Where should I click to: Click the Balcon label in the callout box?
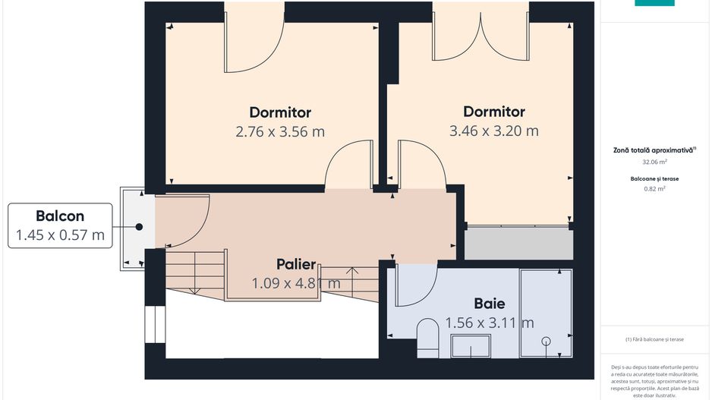[x=60, y=216]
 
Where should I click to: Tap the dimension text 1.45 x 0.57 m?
[x=60, y=235]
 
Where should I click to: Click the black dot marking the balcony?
[x=139, y=226]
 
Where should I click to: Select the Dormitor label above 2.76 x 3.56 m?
[x=280, y=112]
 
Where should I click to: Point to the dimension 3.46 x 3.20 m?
[x=494, y=131]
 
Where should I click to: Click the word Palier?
[x=296, y=264]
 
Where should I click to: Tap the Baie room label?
[x=490, y=304]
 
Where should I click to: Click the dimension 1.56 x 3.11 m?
[x=490, y=323]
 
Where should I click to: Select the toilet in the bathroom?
[x=427, y=338]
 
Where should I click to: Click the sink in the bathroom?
[x=471, y=346]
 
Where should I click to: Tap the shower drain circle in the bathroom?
[x=547, y=341]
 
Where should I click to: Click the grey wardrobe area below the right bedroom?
[x=518, y=243]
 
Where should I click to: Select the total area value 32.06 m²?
[x=654, y=162]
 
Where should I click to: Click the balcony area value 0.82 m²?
[x=654, y=189]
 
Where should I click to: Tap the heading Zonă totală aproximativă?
[x=654, y=150]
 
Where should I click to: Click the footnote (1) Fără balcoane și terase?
[x=654, y=339]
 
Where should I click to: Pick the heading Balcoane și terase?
[x=654, y=179]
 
